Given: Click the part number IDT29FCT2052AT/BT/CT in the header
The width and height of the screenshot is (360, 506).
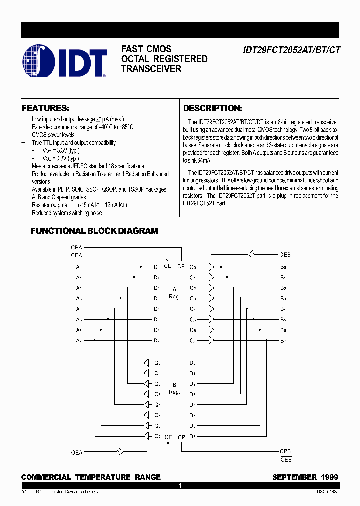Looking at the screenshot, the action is point(290,50).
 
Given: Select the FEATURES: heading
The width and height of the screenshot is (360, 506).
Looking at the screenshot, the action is point(45,108).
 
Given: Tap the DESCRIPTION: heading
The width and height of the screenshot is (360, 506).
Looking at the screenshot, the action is point(213,108).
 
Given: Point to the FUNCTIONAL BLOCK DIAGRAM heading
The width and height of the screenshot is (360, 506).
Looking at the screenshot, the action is point(94,231).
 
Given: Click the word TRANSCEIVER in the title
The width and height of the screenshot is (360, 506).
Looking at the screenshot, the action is point(151,69).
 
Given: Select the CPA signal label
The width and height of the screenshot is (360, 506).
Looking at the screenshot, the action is point(76,247).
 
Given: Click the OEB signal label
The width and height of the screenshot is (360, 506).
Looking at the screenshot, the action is point(285,255).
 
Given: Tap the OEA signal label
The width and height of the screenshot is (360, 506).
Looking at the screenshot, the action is point(76,452).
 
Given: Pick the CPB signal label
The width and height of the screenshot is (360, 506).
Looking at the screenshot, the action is point(285,451).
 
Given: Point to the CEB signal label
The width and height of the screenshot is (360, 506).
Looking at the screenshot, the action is point(285,459).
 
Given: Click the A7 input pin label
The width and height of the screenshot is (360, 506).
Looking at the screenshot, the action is point(79,340).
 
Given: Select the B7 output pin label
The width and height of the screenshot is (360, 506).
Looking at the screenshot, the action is point(283,340).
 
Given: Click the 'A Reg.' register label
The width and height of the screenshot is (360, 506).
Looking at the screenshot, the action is point(174,293).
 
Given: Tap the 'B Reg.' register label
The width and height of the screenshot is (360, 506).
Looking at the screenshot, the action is point(174,389).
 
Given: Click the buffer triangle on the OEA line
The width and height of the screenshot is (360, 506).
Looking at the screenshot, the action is point(119,452).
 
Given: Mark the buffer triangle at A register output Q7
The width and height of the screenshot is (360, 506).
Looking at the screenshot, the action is point(211,340).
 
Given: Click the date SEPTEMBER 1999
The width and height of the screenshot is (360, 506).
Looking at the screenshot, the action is point(305,477).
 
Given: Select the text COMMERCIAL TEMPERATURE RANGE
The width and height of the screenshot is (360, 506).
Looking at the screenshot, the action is point(91,477).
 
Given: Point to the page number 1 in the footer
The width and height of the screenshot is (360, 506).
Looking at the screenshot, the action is point(180,485).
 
